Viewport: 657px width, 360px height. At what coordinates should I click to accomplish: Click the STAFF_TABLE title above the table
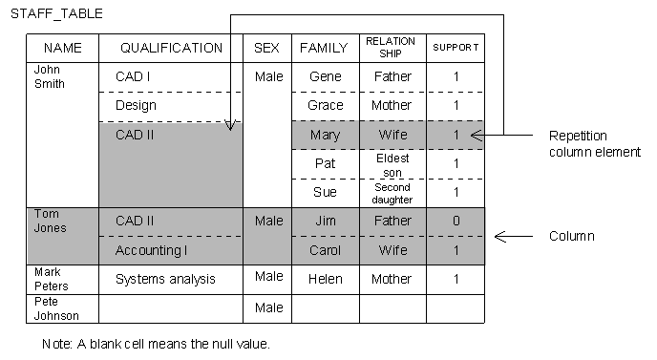click(55, 16)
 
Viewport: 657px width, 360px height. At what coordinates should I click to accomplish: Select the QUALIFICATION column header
click(171, 48)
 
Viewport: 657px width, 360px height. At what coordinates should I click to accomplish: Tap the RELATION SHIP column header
click(391, 48)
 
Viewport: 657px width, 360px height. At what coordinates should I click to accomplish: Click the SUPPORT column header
click(456, 48)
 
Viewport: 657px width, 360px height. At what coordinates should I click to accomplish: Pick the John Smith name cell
click(50, 76)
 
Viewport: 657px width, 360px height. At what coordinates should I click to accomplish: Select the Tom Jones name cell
click(47, 221)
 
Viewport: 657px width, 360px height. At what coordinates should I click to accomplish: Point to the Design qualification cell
click(136, 106)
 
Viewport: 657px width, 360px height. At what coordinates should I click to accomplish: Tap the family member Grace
click(325, 106)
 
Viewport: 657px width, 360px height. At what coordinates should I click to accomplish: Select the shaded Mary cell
click(325, 136)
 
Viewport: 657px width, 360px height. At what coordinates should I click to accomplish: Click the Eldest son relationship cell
click(392, 164)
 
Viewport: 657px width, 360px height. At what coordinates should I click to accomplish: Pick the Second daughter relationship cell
click(392, 193)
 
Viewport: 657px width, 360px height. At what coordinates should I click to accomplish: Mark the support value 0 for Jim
click(456, 222)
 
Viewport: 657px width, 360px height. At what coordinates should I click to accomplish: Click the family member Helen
click(325, 280)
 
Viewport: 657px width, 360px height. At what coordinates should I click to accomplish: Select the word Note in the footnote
click(56, 344)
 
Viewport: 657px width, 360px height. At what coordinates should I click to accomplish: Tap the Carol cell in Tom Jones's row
click(325, 250)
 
